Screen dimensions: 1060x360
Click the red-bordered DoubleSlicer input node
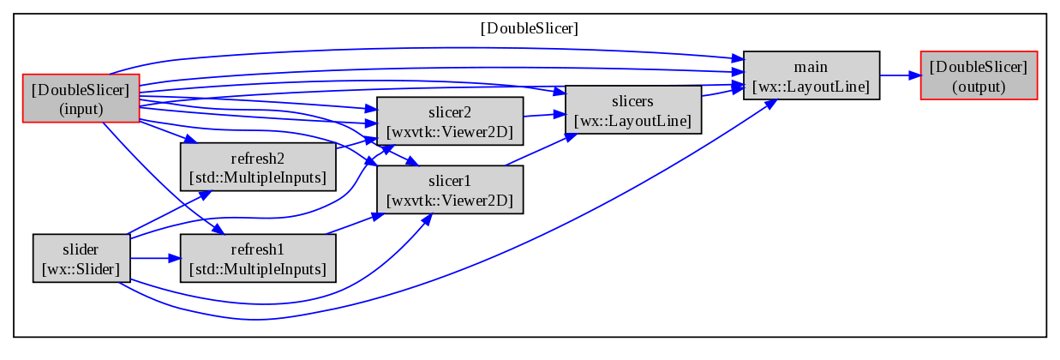[81, 99]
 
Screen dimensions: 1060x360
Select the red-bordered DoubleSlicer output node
[979, 75]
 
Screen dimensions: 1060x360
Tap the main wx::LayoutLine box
[811, 75]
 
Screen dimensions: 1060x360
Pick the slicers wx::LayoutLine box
[632, 110]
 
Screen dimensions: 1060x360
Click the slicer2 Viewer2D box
[450, 121]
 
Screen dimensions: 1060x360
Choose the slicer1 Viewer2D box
[450, 189]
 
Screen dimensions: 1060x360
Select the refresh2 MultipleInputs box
[258, 167]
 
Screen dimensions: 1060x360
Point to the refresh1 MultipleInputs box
[258, 258]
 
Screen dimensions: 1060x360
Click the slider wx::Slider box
[81, 258]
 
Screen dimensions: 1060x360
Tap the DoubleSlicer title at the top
[529, 28]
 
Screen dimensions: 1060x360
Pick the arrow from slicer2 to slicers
[545, 115]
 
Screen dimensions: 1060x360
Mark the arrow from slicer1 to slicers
[541, 149]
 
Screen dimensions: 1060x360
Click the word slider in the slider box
[81, 249]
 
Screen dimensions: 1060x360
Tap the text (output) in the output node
[979, 87]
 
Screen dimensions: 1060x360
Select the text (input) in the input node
[81, 109]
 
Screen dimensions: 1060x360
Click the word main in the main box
[811, 67]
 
